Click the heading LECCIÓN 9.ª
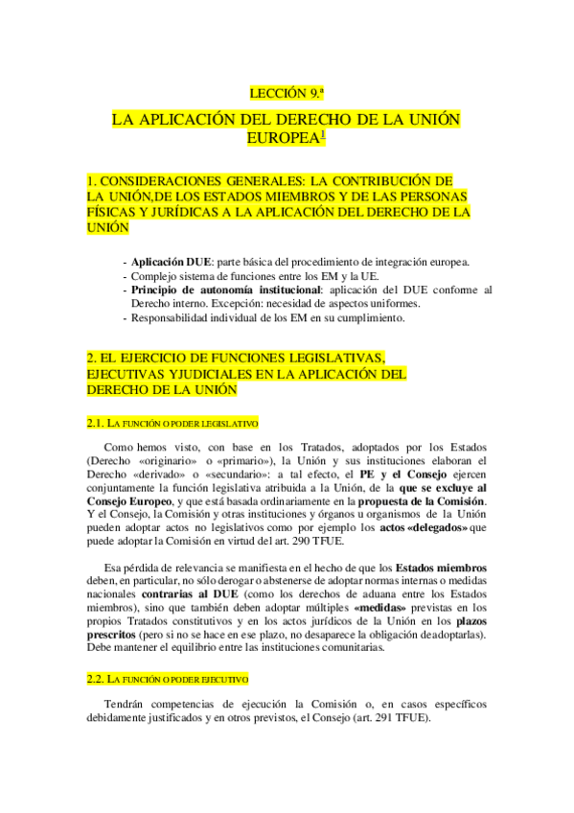click(287, 94)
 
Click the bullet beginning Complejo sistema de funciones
click(252, 276)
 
